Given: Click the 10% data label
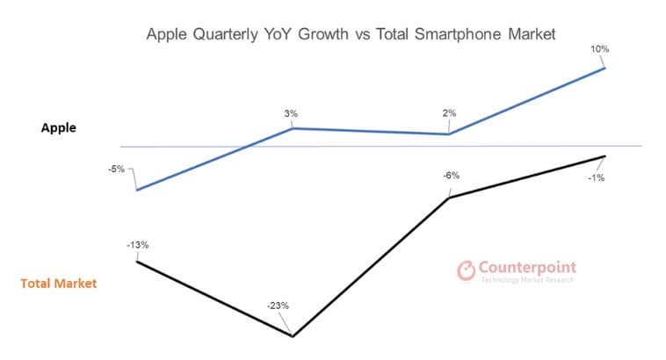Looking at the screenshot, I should pos(600,49).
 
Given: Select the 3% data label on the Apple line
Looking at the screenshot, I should pos(291,113).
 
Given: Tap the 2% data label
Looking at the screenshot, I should pos(449,113).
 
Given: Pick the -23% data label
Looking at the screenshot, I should pos(278,306).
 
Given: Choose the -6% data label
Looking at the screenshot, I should pos(451,176).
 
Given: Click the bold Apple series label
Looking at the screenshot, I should pos(59,127).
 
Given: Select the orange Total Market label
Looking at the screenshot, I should pos(59,284).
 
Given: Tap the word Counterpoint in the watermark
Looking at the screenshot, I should pos(528,266).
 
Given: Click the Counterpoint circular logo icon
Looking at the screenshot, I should pos(467,270).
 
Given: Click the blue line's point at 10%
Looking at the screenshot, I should pos(604,68).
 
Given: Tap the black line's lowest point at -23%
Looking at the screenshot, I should pos(292,335).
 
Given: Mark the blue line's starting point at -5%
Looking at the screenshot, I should pos(136,190).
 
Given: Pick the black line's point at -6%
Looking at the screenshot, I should pos(449,198).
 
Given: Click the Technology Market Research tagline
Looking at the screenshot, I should pos(527,279).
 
